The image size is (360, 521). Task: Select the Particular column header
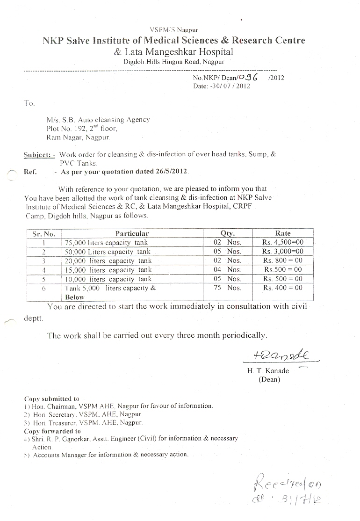click(x=132, y=233)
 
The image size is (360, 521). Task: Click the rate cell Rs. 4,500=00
click(x=283, y=242)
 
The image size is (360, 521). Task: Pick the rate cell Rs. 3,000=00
click(x=283, y=251)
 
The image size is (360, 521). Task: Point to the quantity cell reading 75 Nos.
click(x=227, y=288)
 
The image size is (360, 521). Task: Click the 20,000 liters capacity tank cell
click(x=108, y=260)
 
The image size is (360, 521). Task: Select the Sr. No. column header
click(x=43, y=233)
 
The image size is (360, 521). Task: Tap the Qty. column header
click(x=227, y=233)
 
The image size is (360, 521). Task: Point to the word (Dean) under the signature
click(x=269, y=379)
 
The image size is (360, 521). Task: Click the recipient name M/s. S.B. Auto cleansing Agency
click(x=98, y=120)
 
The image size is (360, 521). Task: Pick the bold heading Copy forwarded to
click(x=52, y=431)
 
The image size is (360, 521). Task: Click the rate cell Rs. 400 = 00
click(x=283, y=288)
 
